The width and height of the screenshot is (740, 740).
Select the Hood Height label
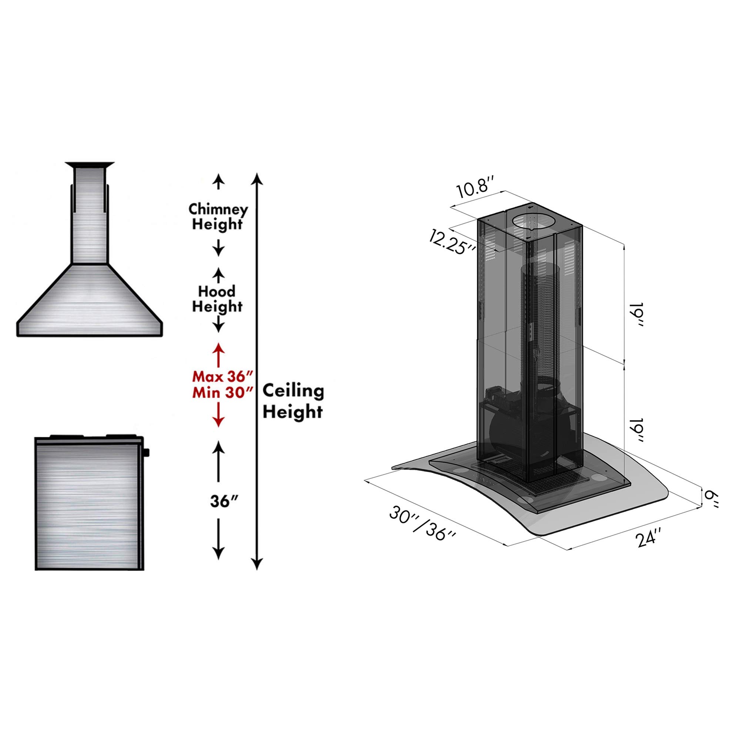[217, 299]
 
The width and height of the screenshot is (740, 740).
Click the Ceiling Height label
[293, 402]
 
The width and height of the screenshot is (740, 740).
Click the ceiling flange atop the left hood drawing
[90, 165]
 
